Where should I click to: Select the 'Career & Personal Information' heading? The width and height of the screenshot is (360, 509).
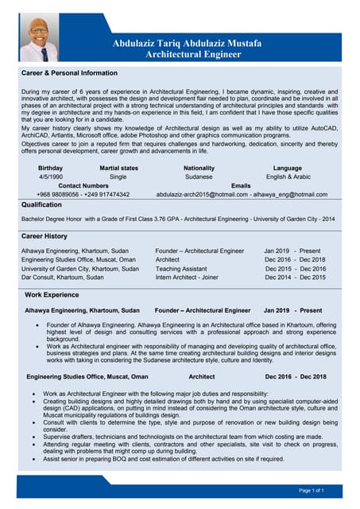[69, 73]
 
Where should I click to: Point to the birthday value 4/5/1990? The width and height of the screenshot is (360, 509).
[49, 177]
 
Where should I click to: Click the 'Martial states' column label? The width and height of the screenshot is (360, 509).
[118, 168]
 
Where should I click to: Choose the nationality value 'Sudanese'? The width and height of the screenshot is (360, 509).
[199, 177]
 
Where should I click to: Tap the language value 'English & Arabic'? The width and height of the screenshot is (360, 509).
[287, 177]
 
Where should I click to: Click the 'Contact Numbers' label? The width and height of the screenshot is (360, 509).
[84, 185]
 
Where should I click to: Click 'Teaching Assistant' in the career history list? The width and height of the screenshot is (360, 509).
[181, 269]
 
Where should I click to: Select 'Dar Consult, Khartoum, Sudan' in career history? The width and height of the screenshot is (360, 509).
[62, 278]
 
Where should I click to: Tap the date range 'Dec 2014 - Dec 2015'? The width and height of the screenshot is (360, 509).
[295, 278]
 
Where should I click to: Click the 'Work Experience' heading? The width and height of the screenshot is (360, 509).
[52, 295]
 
